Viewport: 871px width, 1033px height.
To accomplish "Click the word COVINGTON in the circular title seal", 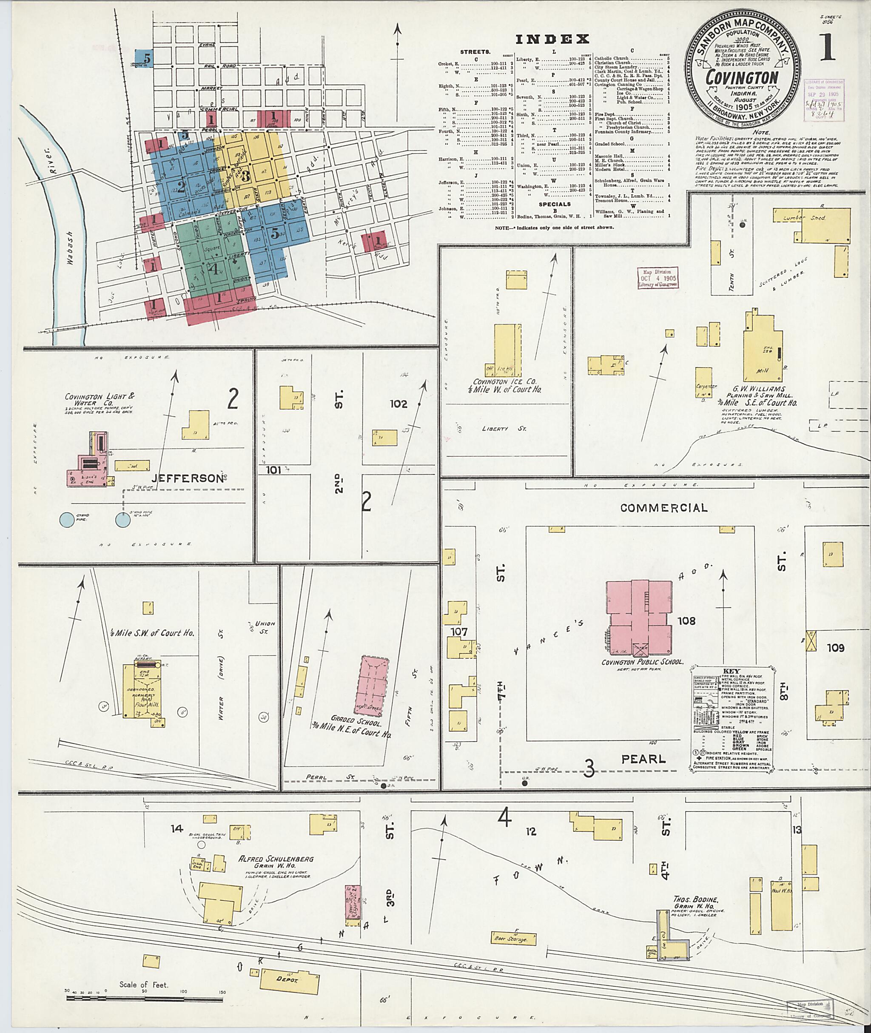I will (x=742, y=77).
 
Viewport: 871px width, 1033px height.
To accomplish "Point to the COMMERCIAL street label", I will (x=663, y=508).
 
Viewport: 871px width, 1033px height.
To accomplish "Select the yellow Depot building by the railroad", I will (x=289, y=978).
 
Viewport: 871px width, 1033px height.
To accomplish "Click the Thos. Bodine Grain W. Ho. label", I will (x=695, y=903).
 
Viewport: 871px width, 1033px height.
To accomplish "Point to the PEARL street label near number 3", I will (x=643, y=759).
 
